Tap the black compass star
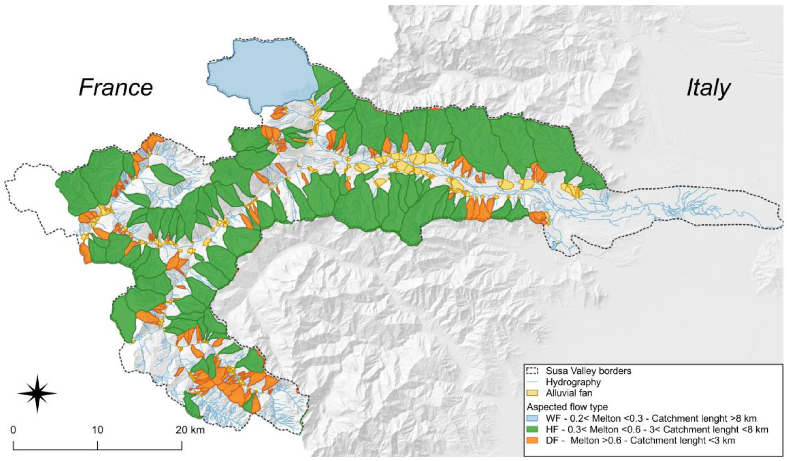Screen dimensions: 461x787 pyautogui.click(x=37, y=393)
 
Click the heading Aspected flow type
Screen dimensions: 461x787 pyautogui.click(x=568, y=407)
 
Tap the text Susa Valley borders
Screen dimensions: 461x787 pyautogui.click(x=588, y=371)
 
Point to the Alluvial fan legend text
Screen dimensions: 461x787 pyautogui.click(x=569, y=393)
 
